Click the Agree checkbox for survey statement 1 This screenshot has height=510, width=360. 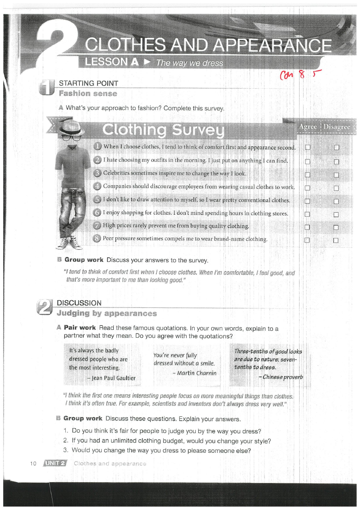pyautogui.click(x=307, y=147)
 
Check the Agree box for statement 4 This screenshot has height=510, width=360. pyautogui.click(x=307, y=188)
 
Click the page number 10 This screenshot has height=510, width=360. pyautogui.click(x=33, y=463)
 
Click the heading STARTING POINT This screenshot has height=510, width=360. pyautogui.click(x=88, y=84)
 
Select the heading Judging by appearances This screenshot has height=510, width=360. pyautogui.click(x=107, y=313)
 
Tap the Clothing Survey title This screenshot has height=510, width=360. pyautogui.click(x=163, y=130)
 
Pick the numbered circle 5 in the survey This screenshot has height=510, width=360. pyautogui.click(x=97, y=200)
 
